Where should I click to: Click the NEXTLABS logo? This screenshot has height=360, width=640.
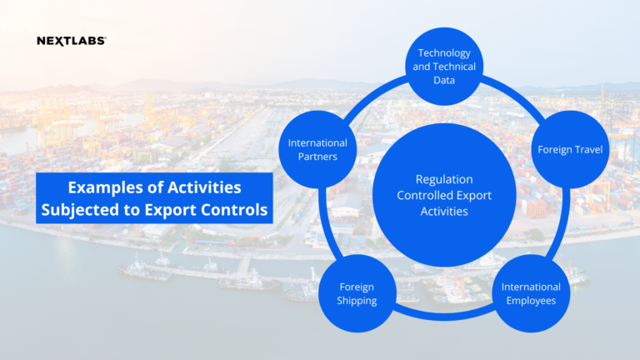(71, 40)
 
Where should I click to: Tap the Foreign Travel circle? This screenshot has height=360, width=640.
(571, 150)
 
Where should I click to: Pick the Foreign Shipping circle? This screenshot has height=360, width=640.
(357, 293)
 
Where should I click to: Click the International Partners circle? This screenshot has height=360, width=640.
(317, 150)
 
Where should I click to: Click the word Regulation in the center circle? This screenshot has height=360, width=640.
(443, 179)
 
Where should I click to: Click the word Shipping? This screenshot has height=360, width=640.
(357, 300)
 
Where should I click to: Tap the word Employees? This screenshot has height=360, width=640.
(531, 300)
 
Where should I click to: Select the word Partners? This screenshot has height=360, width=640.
(317, 157)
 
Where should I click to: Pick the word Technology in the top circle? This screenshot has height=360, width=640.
(450, 53)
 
